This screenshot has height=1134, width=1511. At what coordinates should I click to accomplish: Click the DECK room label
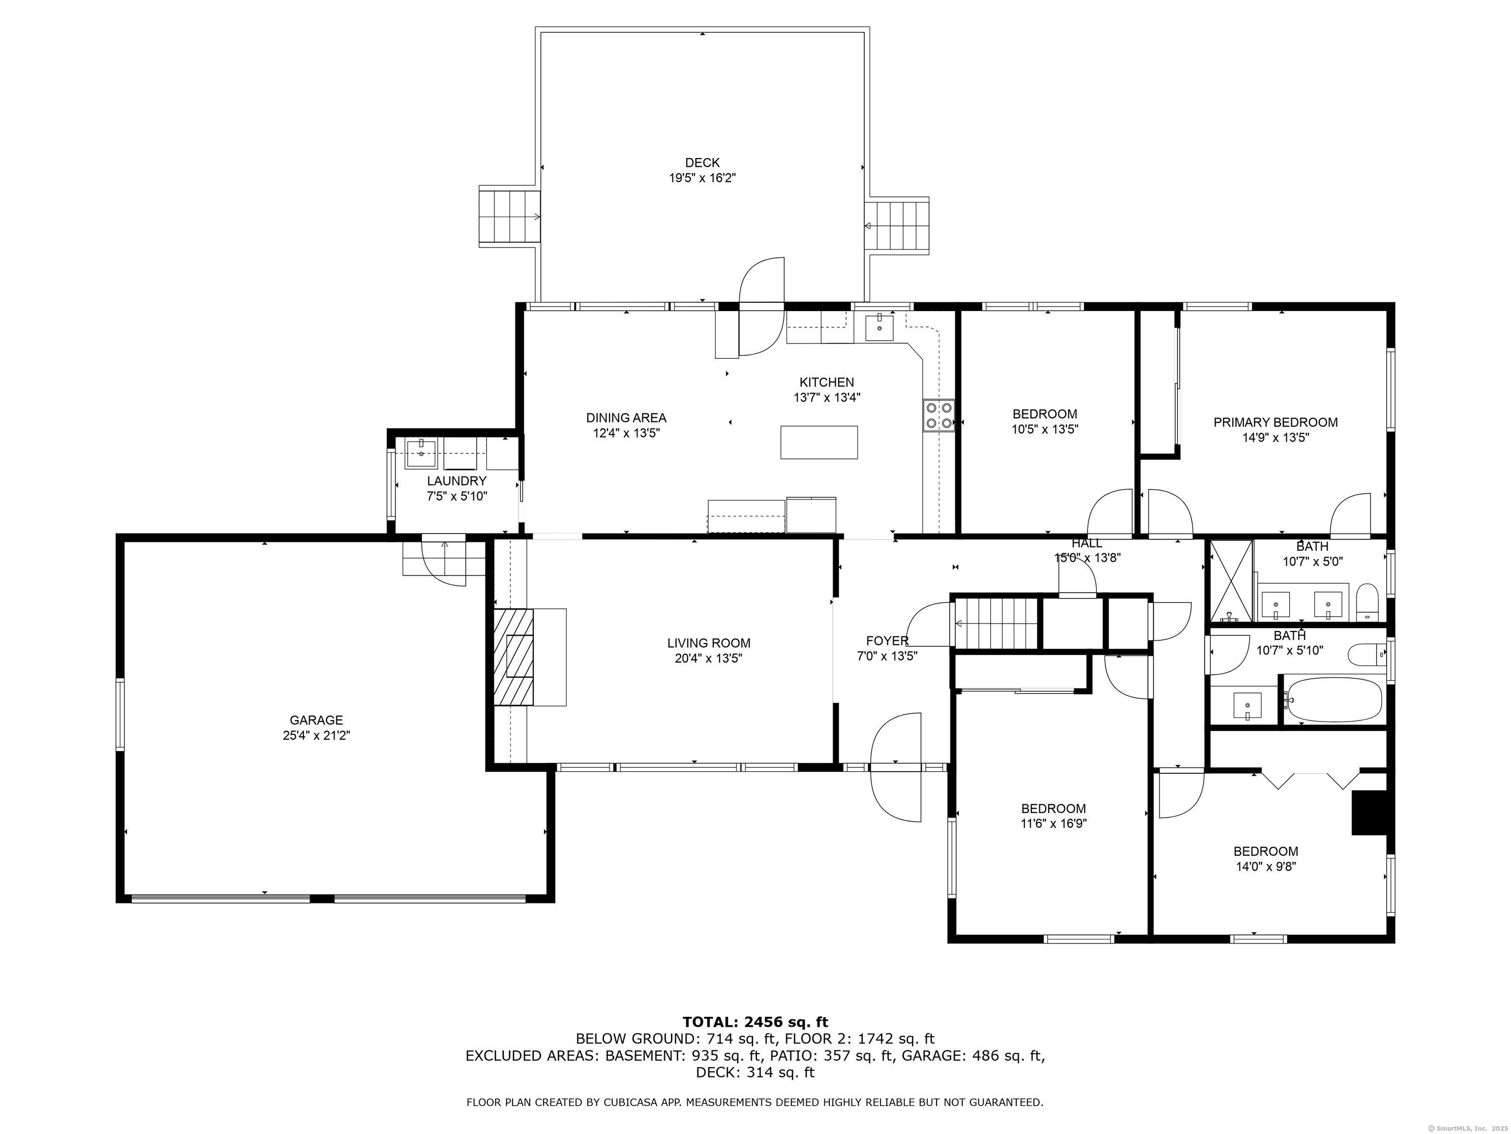702,163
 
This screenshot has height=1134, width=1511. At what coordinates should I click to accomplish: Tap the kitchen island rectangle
819,442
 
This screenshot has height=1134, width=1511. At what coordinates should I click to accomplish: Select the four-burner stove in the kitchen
938,415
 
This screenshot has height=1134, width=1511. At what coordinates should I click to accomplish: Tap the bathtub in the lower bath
1333,699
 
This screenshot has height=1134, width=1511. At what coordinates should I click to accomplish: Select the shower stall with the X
1231,581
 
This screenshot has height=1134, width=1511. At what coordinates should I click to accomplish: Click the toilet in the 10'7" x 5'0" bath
1367,601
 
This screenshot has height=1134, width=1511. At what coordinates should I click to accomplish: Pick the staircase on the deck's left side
510,217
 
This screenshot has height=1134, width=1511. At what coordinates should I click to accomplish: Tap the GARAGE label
316,720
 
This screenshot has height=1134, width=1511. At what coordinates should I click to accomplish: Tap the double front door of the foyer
896,767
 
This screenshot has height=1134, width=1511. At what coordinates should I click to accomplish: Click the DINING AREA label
627,418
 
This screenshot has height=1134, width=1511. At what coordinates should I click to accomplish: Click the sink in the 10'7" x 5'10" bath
1248,705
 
